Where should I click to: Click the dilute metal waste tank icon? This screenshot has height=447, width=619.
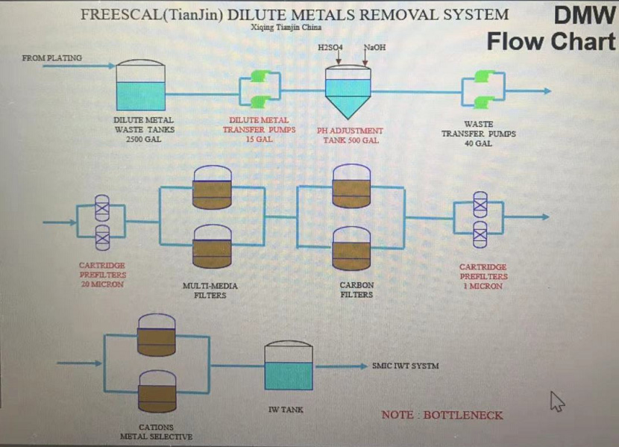[x=140, y=86]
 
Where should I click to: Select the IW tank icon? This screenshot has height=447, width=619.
[x=289, y=366]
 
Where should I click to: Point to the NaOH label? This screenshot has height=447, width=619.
[x=374, y=47]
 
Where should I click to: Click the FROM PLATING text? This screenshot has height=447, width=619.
[x=52, y=57]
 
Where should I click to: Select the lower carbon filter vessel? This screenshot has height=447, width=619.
[x=351, y=249]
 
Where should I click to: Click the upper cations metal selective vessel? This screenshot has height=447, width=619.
[x=157, y=334]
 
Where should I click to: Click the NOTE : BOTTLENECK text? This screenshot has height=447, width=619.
[x=442, y=415]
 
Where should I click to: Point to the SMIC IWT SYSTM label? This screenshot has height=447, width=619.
[x=405, y=366]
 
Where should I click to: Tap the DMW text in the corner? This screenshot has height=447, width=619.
[x=584, y=16]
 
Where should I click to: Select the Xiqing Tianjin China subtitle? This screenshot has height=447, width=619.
[x=287, y=28]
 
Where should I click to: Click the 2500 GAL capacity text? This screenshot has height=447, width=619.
[x=144, y=139]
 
